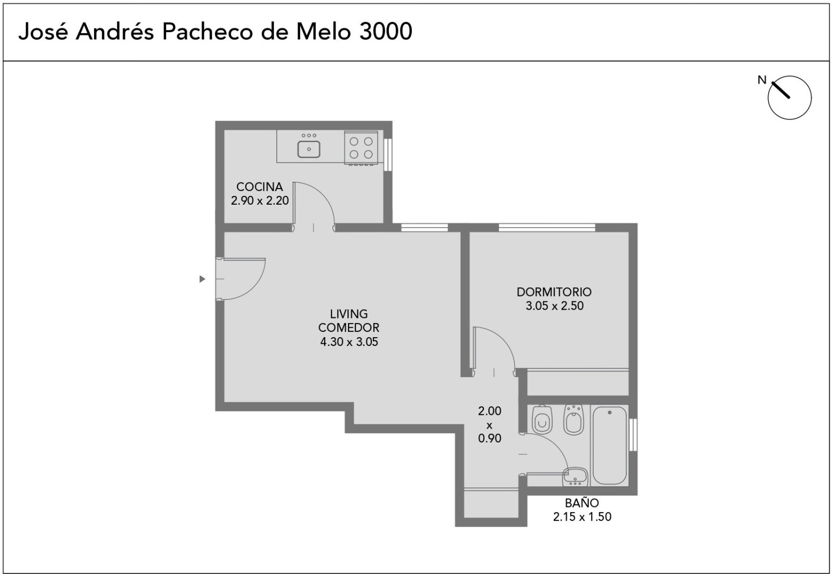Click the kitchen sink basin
[x=309, y=149]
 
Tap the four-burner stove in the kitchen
[x=361, y=148]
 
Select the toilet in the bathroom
[x=542, y=419]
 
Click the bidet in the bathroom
[x=573, y=419]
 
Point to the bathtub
[x=610, y=445]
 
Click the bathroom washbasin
[x=575, y=477]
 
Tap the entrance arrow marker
[x=202, y=278]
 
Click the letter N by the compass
[x=761, y=80]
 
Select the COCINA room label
[x=259, y=186]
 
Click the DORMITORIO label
[x=554, y=292]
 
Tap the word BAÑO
[x=582, y=503]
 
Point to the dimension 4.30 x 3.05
[x=349, y=342]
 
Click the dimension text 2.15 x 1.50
[x=582, y=517]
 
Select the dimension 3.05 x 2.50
[x=555, y=306]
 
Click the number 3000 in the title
[x=386, y=32]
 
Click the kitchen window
[x=387, y=155]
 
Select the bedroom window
[x=547, y=228]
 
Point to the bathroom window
[x=633, y=435]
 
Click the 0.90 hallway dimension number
[x=490, y=438]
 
